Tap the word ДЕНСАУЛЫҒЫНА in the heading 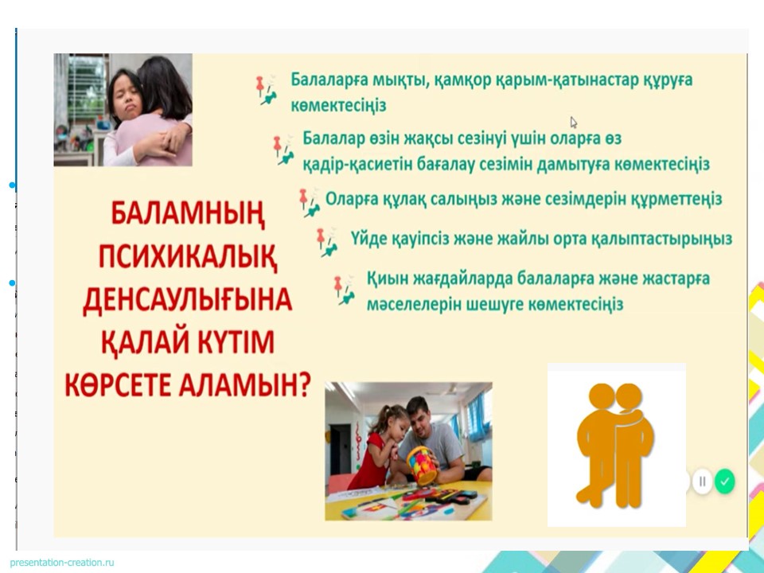coord(188,300)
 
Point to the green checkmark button coord(724,481)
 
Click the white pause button coord(702,481)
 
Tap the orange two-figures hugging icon coord(615,445)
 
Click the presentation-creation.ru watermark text coord(62,563)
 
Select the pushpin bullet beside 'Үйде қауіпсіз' coord(327,242)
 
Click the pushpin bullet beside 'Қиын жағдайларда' coord(344,290)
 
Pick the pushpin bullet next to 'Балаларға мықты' coord(267,90)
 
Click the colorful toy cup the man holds coord(422,465)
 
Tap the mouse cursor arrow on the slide coord(574,122)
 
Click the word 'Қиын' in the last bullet coord(386,279)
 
